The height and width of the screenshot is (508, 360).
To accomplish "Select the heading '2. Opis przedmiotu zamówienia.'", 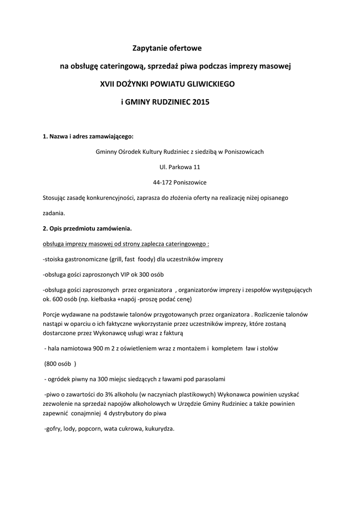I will pyautogui.click(x=87, y=229).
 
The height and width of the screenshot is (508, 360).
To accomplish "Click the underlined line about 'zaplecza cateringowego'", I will pyautogui.click(x=126, y=244).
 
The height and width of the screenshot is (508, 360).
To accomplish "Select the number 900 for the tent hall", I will pyautogui.click(x=99, y=348).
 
